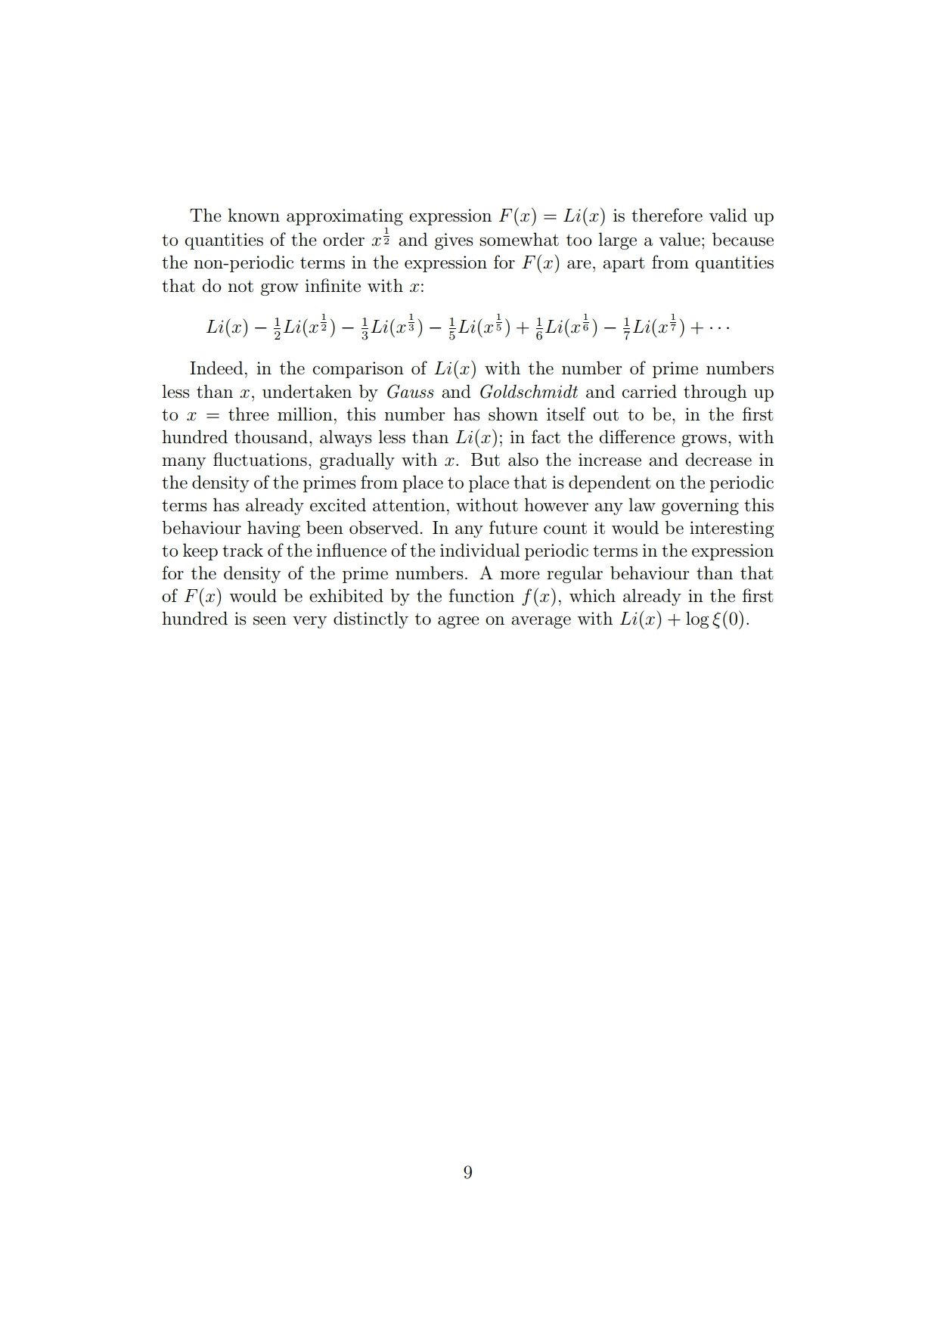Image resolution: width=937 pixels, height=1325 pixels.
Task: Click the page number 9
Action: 467,1172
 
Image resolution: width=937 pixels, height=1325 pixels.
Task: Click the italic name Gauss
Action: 410,392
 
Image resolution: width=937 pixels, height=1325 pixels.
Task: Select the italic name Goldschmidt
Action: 529,392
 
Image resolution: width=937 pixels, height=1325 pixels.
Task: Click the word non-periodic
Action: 237,263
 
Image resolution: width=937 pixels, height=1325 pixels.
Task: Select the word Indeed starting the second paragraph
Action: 218,369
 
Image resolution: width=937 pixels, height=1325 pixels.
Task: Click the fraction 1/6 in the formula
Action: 538,328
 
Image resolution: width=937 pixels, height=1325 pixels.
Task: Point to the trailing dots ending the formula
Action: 720,327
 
